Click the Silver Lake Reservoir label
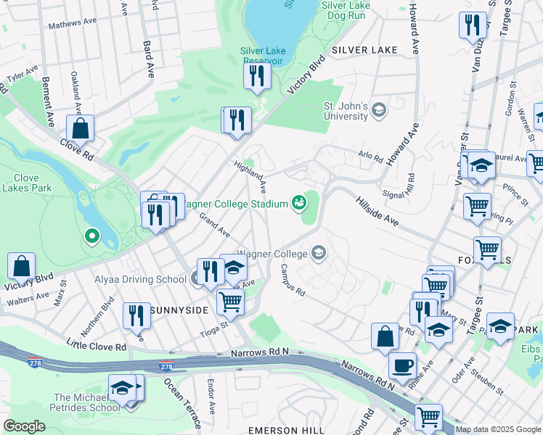click(264, 56)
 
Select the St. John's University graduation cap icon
click(378, 110)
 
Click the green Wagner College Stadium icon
click(298, 202)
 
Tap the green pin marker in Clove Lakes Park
click(91, 235)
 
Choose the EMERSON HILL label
click(286, 430)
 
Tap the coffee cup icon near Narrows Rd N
click(402, 365)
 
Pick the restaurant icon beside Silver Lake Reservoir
click(256, 75)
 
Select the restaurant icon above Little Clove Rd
click(136, 315)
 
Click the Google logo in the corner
click(25, 426)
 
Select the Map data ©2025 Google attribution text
click(498, 429)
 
